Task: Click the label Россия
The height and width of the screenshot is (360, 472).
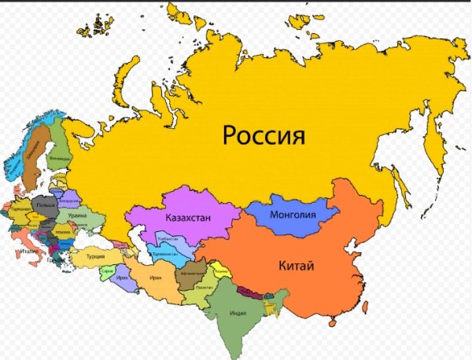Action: pyautogui.click(x=263, y=135)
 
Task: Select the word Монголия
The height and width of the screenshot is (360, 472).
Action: pyautogui.click(x=292, y=215)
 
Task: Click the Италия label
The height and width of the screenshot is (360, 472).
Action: pyautogui.click(x=30, y=251)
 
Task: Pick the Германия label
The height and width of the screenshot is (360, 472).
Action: pyautogui.click(x=20, y=211)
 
